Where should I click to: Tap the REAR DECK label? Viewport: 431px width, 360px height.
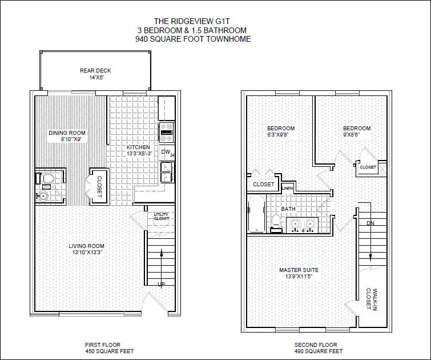[95, 71]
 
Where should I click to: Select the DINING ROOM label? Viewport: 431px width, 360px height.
[67, 133]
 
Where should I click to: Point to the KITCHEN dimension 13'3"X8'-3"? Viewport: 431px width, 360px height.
[138, 154]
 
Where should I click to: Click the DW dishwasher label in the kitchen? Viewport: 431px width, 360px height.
[165, 151]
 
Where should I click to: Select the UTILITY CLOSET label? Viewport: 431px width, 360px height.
[161, 217]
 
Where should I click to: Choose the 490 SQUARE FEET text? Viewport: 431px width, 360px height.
[315, 351]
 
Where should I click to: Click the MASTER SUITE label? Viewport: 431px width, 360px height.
[299, 270]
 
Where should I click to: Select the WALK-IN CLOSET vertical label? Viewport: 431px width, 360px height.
[371, 299]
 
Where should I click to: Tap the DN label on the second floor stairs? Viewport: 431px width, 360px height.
[370, 223]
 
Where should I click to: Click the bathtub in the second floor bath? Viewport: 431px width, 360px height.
[256, 214]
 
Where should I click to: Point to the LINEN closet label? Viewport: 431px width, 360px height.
[288, 188]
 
